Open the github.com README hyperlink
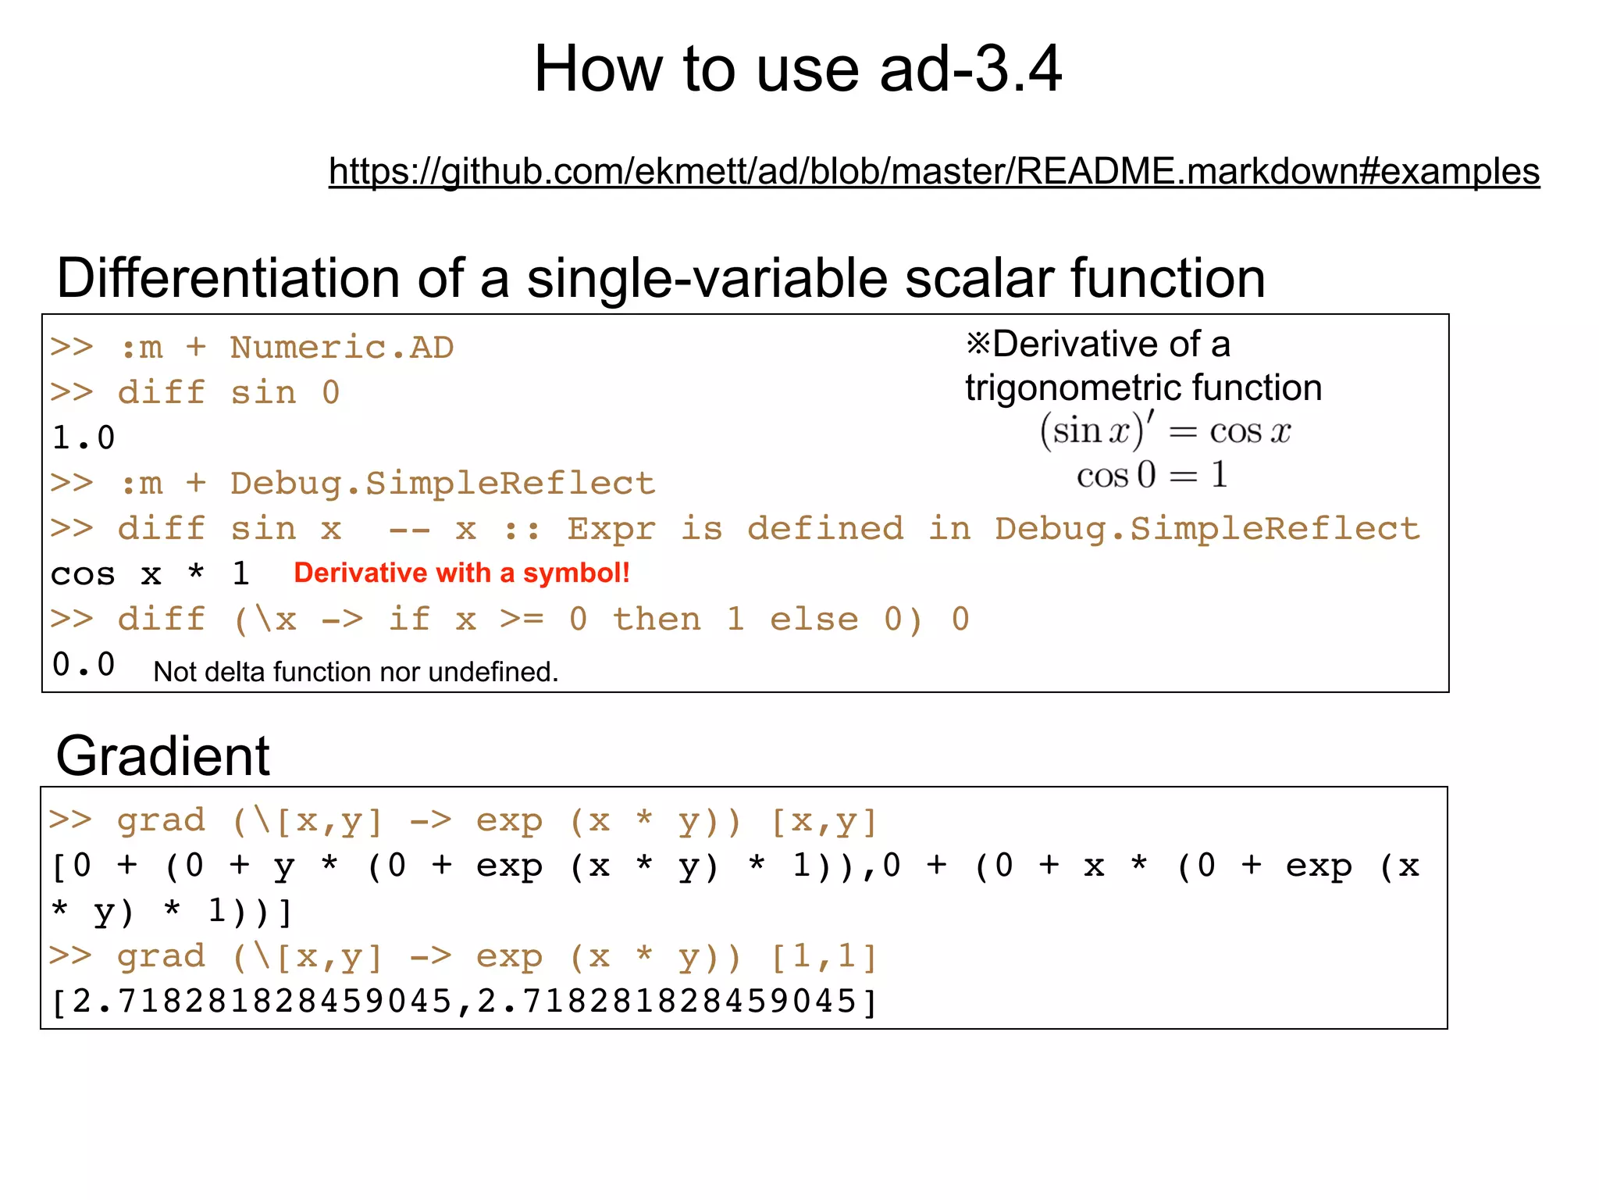[934, 171]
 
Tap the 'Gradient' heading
[162, 756]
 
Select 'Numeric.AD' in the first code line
[341, 348]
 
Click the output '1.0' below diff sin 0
[83, 438]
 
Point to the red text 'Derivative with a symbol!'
[461, 573]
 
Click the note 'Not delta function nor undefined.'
[355, 672]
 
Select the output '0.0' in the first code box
[83, 665]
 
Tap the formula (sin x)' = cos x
[1164, 431]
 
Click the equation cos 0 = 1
[1152, 475]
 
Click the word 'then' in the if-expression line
[657, 620]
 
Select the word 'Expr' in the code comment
[611, 529]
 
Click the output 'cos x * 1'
[150, 574]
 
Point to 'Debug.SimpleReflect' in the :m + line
[442, 484]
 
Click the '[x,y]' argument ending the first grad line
[824, 821]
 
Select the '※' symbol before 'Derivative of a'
[978, 344]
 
